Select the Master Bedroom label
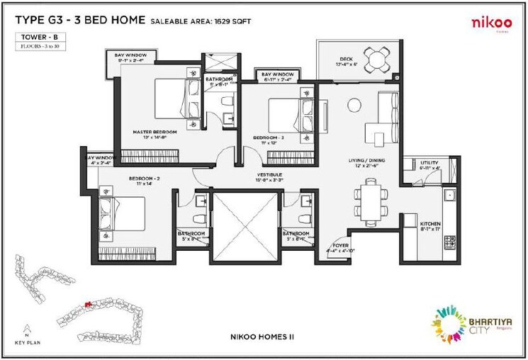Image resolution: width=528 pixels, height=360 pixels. tap(155, 132)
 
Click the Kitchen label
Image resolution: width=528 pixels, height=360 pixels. tap(429, 224)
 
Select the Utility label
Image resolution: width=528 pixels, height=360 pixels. tap(429, 163)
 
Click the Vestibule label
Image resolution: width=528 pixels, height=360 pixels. tap(269, 174)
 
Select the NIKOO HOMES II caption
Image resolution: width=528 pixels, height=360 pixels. tap(263, 337)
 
